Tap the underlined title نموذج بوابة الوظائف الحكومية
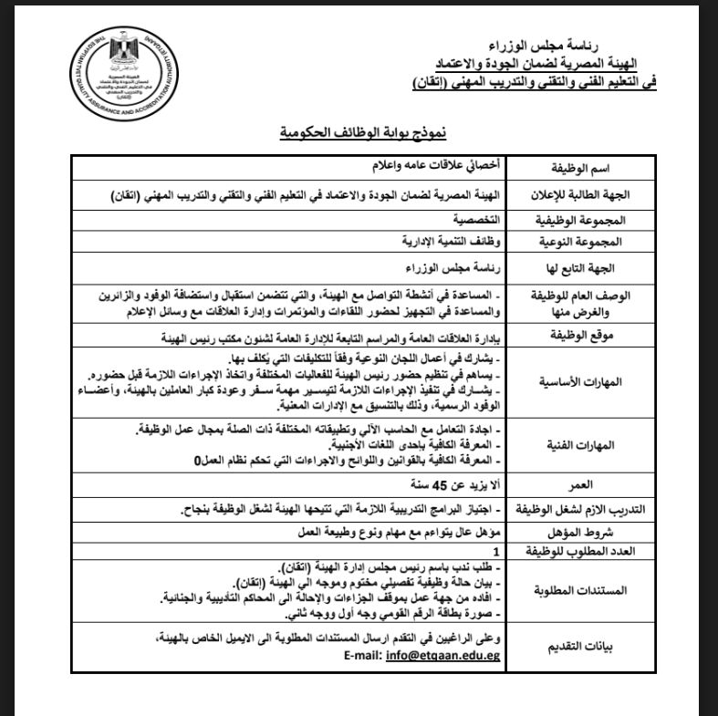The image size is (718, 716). click(x=363, y=134)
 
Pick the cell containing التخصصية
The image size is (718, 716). click(x=473, y=221)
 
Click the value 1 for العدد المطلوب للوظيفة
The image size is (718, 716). click(x=496, y=551)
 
